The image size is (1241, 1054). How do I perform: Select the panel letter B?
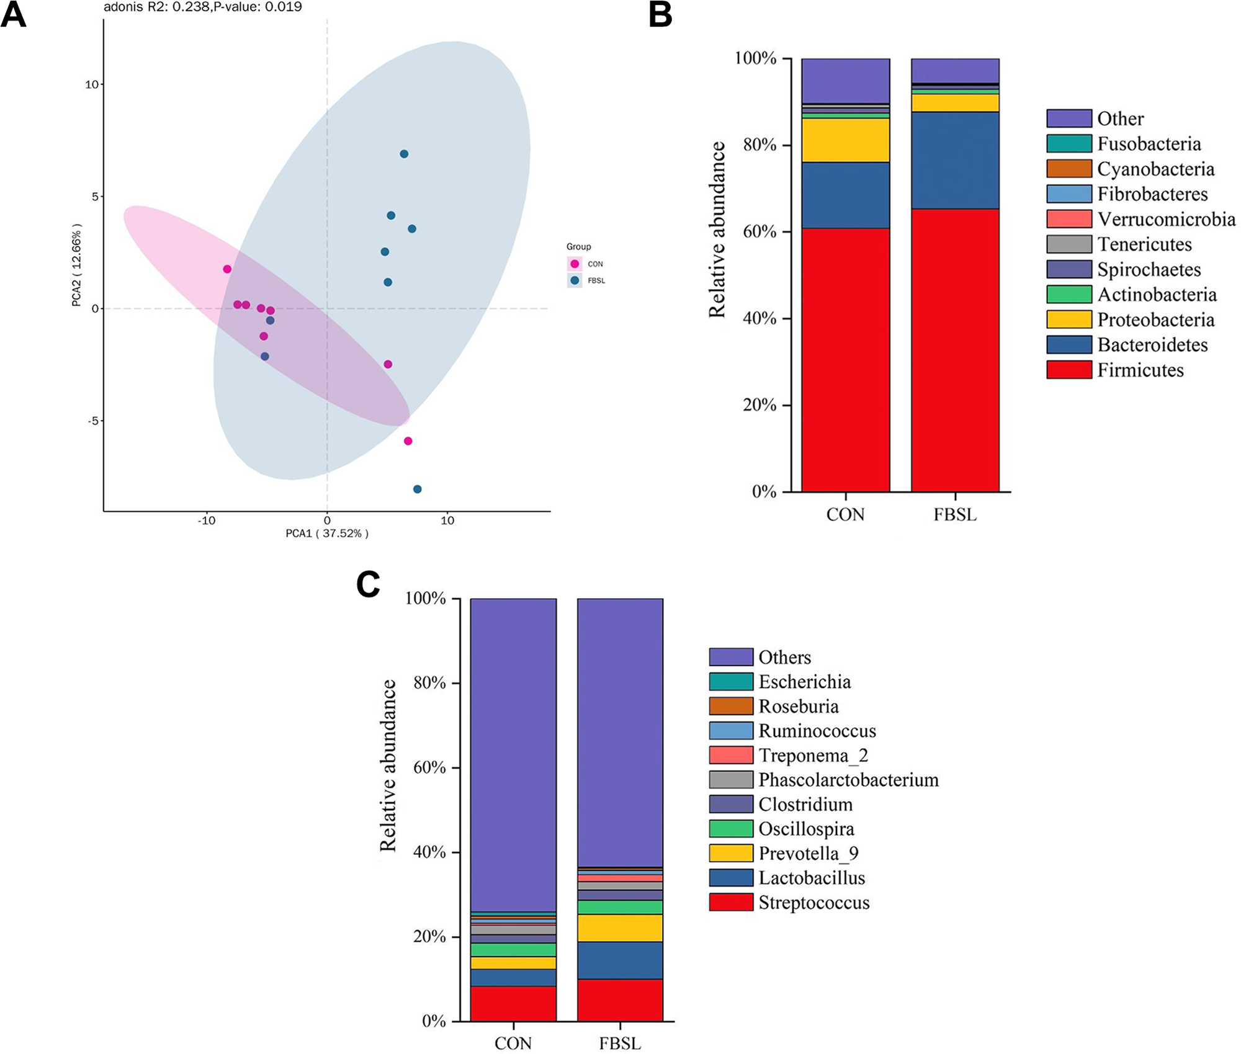pyautogui.click(x=660, y=15)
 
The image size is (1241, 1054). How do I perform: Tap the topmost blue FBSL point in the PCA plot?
pyautogui.click(x=404, y=154)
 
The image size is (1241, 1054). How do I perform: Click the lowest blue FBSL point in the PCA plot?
pyautogui.click(x=418, y=489)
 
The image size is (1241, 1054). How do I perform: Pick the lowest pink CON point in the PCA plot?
pyautogui.click(x=408, y=441)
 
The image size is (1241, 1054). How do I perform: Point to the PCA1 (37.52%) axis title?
pyautogui.click(x=327, y=534)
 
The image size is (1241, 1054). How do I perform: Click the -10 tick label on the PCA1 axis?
pyautogui.click(x=207, y=521)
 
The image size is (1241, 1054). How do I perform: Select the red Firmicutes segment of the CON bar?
pyautogui.click(x=845, y=360)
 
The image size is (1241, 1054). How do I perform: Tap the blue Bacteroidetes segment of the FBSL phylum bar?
pyautogui.click(x=955, y=160)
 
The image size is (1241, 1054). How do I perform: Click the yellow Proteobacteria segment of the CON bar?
pyautogui.click(x=845, y=140)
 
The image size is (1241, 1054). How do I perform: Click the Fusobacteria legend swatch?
pyautogui.click(x=1069, y=144)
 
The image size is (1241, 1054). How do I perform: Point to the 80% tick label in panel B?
pyautogui.click(x=760, y=145)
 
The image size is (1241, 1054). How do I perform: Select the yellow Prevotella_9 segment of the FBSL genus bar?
pyautogui.click(x=620, y=928)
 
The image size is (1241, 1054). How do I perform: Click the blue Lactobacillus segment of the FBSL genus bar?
pyautogui.click(x=620, y=960)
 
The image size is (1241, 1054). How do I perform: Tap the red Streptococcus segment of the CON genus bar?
pyautogui.click(x=513, y=1004)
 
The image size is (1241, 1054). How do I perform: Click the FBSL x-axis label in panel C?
pyautogui.click(x=620, y=1043)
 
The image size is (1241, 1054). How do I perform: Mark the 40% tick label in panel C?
pyautogui.click(x=429, y=852)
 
